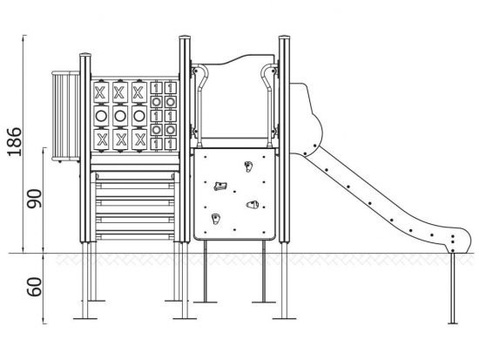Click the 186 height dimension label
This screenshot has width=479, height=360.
point(15,141)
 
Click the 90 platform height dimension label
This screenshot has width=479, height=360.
point(34,199)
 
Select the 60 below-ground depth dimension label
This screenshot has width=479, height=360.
point(34,287)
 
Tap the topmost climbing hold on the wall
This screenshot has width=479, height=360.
point(248,166)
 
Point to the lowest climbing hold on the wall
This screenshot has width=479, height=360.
point(216,219)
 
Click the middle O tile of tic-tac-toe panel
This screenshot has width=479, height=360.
point(120,116)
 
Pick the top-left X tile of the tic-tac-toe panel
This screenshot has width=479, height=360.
point(101,92)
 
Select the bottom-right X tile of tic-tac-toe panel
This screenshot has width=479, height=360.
point(139,139)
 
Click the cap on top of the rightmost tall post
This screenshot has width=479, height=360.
point(284,37)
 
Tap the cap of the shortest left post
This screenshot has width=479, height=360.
point(85,55)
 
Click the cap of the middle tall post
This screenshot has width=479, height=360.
point(185,37)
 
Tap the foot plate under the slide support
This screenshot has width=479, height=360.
point(453,323)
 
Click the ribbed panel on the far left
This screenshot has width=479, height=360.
point(65,116)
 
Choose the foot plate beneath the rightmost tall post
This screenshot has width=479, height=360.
point(284,319)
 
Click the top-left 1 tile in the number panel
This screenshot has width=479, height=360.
point(157,88)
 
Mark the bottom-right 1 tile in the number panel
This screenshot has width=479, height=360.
point(171,144)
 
